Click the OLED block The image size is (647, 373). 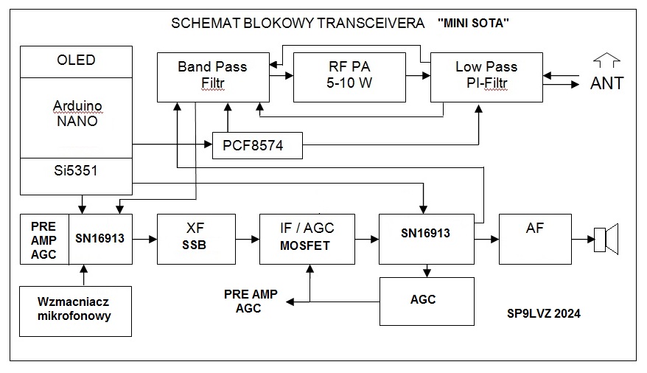point(76,60)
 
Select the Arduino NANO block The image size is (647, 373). point(76,114)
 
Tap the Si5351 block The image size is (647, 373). point(76,171)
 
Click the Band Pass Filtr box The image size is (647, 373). point(212,76)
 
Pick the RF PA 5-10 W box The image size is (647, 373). point(349,76)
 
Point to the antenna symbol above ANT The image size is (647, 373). point(606,59)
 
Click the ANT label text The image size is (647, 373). point(606,83)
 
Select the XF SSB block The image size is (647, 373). point(196,239)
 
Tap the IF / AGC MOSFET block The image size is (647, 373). point(307,239)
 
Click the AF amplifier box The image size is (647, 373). point(535,239)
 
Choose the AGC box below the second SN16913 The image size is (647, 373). point(427,300)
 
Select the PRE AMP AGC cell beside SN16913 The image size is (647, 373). point(44,239)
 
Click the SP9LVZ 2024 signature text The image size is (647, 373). point(544,313)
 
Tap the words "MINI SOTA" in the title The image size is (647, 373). point(473,23)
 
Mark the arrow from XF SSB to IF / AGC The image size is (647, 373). point(248,239)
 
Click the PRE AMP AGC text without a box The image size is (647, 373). point(251,301)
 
